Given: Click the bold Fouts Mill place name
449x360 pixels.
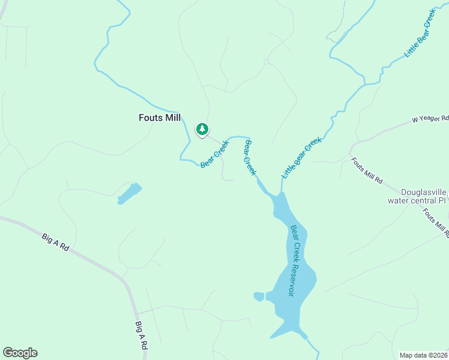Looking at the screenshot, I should click(160, 118).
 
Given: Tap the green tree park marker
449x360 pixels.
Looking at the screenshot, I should click(202, 129).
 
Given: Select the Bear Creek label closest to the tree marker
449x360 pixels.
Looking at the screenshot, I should click(214, 154).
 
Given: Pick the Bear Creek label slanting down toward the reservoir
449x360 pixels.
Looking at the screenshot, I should click(250, 158).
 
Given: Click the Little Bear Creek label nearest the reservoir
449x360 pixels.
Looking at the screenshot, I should click(302, 157).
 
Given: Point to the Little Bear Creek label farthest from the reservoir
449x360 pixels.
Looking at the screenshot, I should click(420, 33).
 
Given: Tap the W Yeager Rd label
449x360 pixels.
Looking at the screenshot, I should click(430, 119).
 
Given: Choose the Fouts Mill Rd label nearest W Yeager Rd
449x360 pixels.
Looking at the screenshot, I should click(367, 170).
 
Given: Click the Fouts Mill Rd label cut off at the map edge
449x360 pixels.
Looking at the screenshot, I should click(435, 221).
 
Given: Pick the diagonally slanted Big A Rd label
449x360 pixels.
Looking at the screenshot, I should click(56, 243).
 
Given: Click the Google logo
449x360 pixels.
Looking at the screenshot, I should click(20, 353).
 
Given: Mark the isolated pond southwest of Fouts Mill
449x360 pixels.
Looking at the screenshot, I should click(129, 193).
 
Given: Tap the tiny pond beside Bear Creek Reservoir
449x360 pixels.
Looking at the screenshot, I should click(259, 296).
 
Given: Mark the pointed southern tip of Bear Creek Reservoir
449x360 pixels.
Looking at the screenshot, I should click(272, 338).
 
